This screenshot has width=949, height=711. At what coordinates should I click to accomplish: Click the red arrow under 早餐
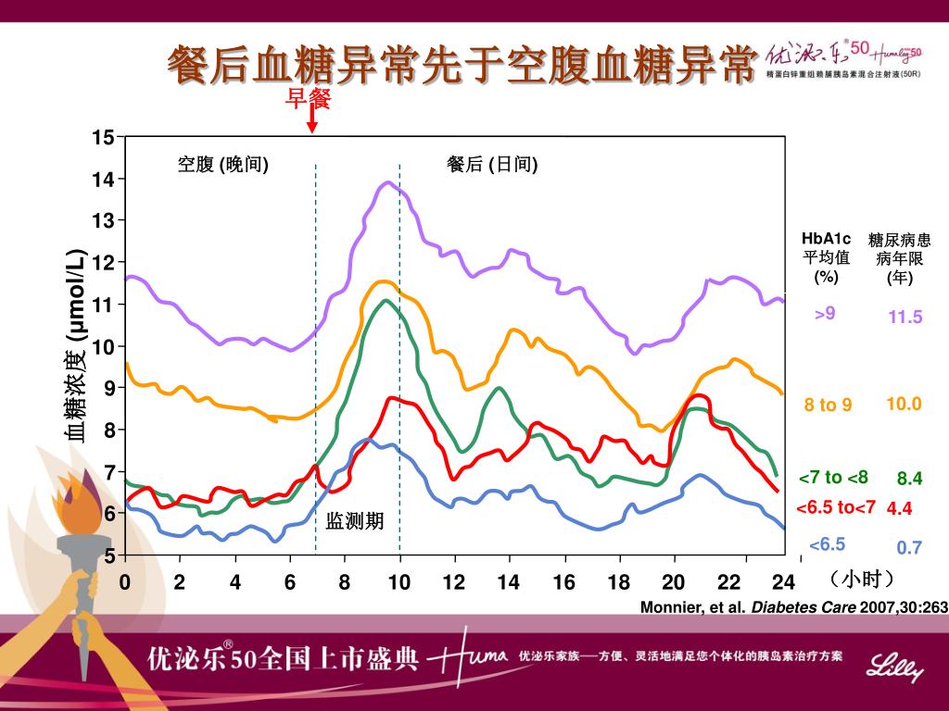312,119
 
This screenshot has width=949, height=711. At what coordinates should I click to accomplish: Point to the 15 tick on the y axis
103,138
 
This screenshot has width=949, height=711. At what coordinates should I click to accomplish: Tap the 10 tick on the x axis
399,582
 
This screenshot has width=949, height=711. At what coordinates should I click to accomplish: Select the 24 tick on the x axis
784,582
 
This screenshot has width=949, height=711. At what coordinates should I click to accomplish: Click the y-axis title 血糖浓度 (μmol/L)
75,345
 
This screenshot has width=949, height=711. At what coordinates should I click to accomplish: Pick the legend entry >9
825,314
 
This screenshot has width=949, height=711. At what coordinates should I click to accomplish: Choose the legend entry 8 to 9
828,405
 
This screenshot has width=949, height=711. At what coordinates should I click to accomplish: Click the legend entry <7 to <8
833,478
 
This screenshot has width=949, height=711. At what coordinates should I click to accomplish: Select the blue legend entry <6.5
827,544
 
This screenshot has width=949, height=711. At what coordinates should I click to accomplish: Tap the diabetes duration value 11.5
905,318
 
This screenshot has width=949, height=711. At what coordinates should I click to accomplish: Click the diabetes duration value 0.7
909,547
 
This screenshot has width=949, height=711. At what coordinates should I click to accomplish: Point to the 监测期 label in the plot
354,522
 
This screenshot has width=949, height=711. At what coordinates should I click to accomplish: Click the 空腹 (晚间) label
223,165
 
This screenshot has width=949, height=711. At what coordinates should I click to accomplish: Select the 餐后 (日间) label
492,165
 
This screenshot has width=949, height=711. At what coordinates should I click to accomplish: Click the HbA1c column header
826,257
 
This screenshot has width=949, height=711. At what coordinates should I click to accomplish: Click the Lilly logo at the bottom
894,666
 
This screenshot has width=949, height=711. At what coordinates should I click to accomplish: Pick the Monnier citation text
794,607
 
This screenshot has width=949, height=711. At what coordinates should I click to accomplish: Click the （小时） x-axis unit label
863,580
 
